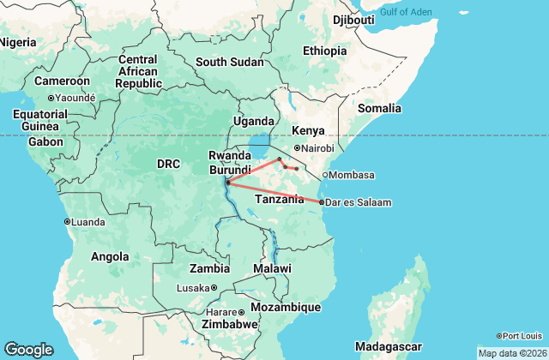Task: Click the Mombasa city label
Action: click(x=352, y=175)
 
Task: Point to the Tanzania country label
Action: click(x=280, y=199)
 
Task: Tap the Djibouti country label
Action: click(x=353, y=19)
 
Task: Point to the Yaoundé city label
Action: click(x=75, y=97)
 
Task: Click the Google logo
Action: click(x=28, y=350)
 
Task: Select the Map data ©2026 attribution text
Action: click(x=511, y=353)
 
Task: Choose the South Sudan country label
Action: click(x=229, y=62)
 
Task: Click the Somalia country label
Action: click(x=379, y=108)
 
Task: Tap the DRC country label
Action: click(x=167, y=163)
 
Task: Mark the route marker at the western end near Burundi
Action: click(x=227, y=183)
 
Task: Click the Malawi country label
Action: click(x=273, y=268)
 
